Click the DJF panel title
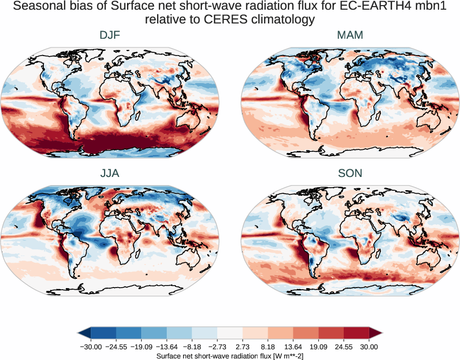[110, 35]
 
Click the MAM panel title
[350, 35]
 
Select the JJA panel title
[110, 173]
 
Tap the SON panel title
[350, 173]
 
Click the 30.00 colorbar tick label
[369, 347]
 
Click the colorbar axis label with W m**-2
[229, 356]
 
